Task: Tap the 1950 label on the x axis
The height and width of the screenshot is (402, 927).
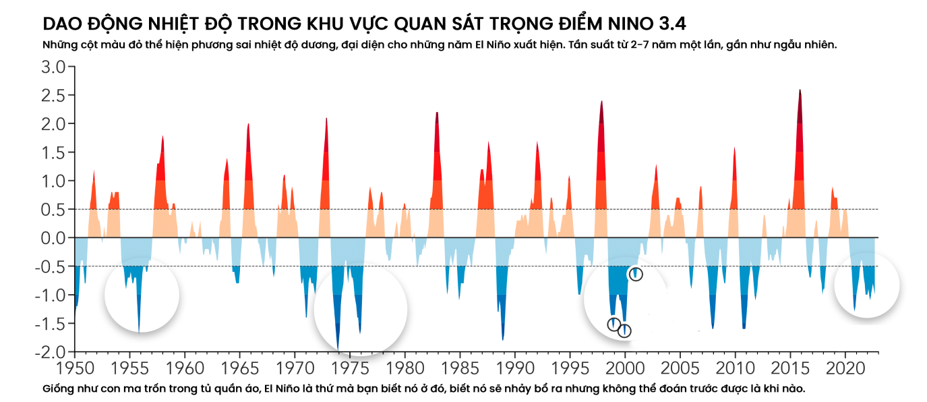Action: pyautogui.click(x=74, y=370)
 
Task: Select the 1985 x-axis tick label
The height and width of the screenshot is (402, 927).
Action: pyautogui.click(x=460, y=370)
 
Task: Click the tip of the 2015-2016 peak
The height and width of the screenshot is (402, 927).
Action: pyautogui.click(x=800, y=90)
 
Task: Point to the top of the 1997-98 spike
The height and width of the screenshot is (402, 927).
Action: pyautogui.click(x=601, y=101)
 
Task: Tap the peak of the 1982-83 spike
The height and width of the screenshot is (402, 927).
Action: pyautogui.click(x=437, y=113)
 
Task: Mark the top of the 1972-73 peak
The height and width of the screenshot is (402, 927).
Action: pyautogui.click(x=326, y=119)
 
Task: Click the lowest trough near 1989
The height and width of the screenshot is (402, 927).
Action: pyautogui.click(x=503, y=340)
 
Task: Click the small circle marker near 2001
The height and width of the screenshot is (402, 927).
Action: pyautogui.click(x=635, y=274)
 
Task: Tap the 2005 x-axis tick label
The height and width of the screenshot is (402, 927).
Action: pyautogui.click(x=680, y=370)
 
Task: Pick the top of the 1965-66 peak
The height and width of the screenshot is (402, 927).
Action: pyautogui.click(x=248, y=124)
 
